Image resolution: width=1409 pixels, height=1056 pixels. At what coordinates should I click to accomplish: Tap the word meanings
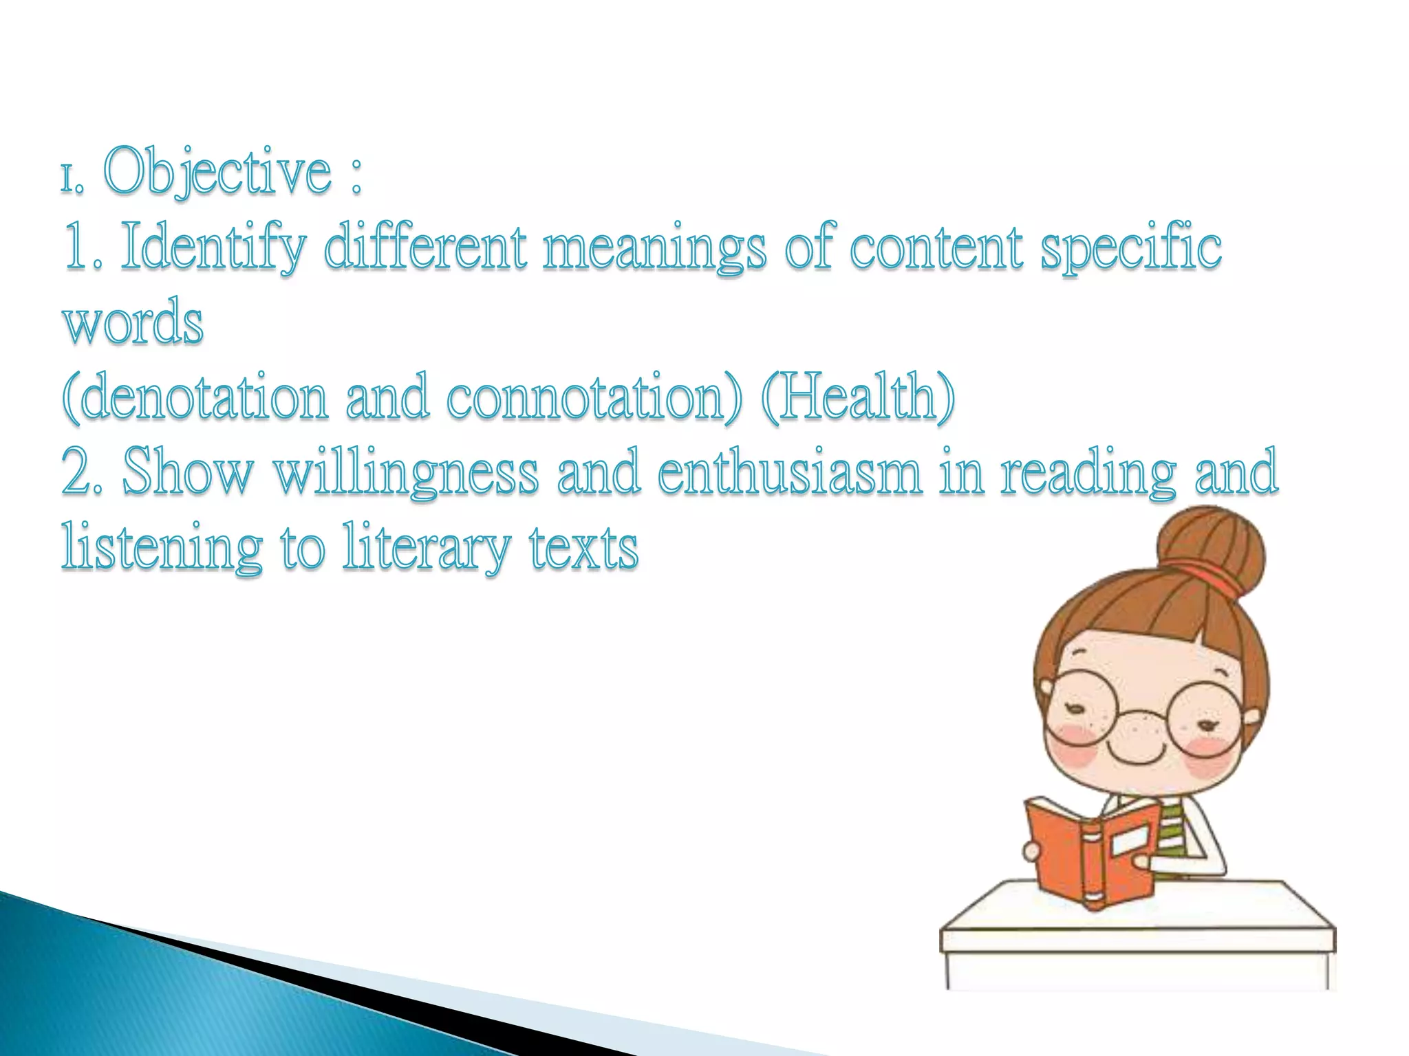click(654, 249)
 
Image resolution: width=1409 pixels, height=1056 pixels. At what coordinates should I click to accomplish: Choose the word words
click(133, 323)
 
